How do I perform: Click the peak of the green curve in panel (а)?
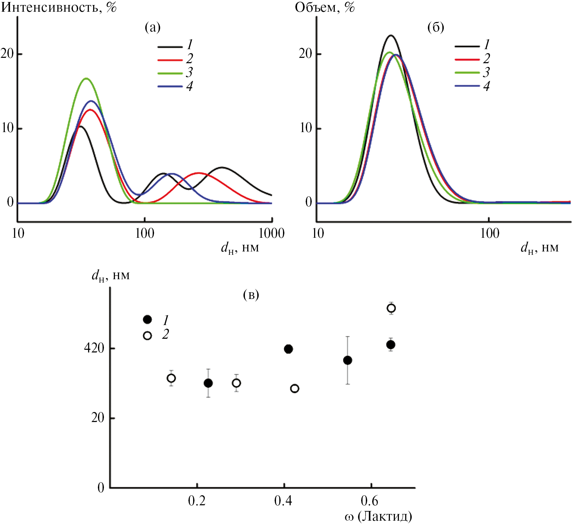[87, 79]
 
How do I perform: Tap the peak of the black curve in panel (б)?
[390, 35]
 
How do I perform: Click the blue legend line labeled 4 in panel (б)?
[467, 86]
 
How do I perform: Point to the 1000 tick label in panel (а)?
[271, 233]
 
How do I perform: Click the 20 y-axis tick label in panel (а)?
[7, 54]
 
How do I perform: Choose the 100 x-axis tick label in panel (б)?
[489, 233]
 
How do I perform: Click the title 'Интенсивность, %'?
[59, 7]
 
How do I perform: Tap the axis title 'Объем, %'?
[324, 7]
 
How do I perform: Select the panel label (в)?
[251, 295]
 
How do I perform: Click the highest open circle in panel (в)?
[391, 308]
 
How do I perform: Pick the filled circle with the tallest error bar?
[347, 360]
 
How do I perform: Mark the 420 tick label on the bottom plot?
[94, 348]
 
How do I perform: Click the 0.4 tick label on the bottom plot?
[283, 501]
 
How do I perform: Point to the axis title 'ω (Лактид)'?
[378, 516]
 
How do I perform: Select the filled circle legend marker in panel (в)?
[147, 320]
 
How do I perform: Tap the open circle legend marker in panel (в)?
[147, 335]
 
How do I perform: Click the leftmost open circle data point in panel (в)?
[171, 378]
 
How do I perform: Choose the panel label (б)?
[436, 27]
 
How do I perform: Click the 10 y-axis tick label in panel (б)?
[306, 128]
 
